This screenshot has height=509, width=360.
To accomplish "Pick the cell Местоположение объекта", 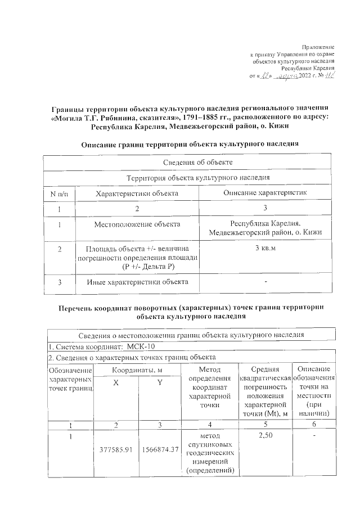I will pos(137,224).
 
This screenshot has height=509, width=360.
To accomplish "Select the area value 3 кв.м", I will pos(265,248).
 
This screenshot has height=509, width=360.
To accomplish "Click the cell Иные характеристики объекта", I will pos(137,282).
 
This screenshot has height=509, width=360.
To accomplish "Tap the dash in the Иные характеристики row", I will pos(265,281).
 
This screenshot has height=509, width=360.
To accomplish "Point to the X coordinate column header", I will pos(116,382).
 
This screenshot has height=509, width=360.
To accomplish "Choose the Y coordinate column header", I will pos(159,382).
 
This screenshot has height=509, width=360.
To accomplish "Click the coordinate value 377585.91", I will pos(116,449).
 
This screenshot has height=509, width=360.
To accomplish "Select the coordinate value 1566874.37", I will pos(160,449).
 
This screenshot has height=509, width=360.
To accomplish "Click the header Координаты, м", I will pos(138,370).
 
